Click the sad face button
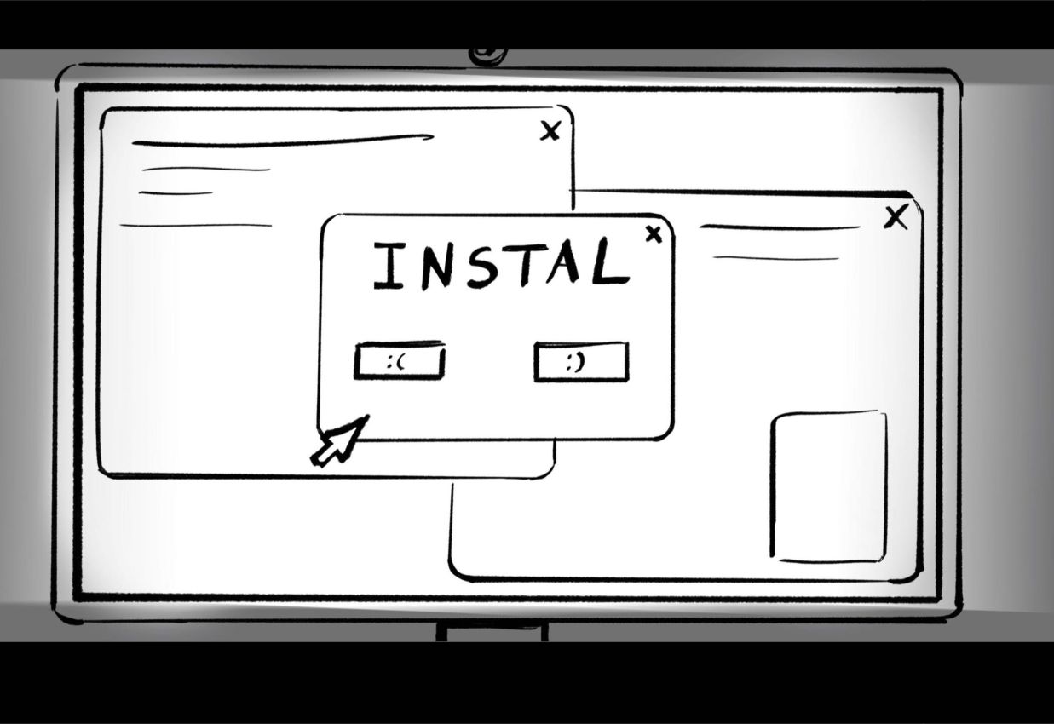399,362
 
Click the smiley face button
580,362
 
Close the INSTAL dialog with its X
654,234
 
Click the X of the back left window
550,130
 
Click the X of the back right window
896,217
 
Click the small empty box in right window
829,486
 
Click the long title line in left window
281,141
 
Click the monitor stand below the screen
492,632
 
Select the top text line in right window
780,227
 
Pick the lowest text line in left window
196,226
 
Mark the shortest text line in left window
176,193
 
